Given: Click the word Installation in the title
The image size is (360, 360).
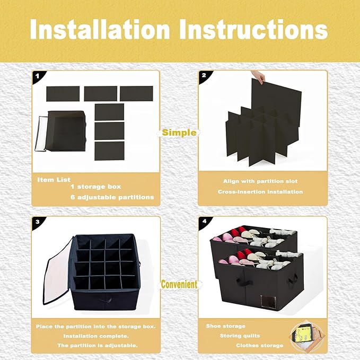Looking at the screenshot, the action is pyautogui.click(x=100, y=29).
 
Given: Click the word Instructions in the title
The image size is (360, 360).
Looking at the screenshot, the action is pyautogui.click(x=253, y=29).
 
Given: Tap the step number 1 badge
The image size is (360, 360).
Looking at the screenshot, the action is pyautogui.click(x=38, y=76).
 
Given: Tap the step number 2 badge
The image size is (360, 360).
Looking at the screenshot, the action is pyautogui.click(x=204, y=75).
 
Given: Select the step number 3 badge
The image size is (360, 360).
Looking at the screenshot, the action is pyautogui.click(x=38, y=222).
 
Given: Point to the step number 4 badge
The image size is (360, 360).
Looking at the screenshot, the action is pyautogui.click(x=204, y=221).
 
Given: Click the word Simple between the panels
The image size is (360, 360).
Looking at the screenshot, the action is pyautogui.click(x=179, y=133).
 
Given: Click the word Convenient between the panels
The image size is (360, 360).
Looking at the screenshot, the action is pyautogui.click(x=179, y=284).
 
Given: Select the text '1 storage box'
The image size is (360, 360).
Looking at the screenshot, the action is pyautogui.click(x=96, y=187).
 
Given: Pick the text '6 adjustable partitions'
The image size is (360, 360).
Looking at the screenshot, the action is pyautogui.click(x=112, y=197).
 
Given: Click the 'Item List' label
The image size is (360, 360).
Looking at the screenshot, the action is pyautogui.click(x=54, y=180).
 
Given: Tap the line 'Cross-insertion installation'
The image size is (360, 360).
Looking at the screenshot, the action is pyautogui.click(x=260, y=192).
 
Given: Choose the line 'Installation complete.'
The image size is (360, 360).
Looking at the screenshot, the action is pyautogui.click(x=96, y=336).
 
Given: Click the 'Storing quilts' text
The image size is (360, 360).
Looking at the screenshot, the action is pyautogui.click(x=240, y=336).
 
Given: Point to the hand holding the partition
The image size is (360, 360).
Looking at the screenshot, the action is pyautogui.click(x=258, y=77).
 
